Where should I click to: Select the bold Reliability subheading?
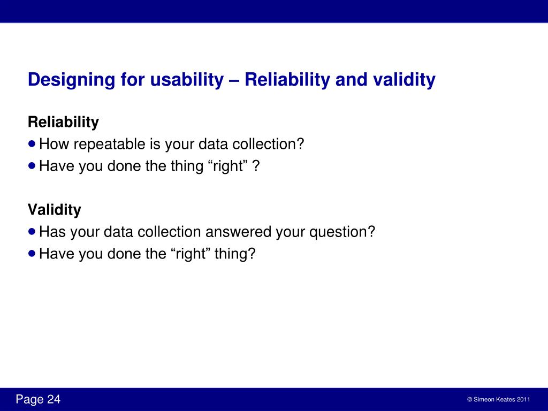click(63, 123)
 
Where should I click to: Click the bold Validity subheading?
click(54, 210)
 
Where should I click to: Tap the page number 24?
click(54, 400)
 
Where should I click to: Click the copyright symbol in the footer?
click(469, 400)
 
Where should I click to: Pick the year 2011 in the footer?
click(523, 400)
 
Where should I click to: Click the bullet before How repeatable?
click(33, 144)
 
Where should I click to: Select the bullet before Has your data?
click(33, 232)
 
